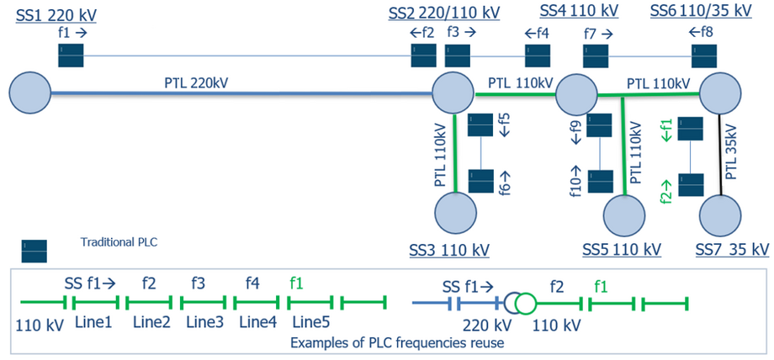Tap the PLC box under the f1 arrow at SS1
(x=71, y=56)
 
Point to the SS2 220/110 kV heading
(x=443, y=13)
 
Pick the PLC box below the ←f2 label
(x=422, y=56)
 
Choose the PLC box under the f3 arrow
(x=457, y=56)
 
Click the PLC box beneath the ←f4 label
(x=538, y=56)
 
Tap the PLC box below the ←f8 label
(x=704, y=56)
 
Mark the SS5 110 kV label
(x=621, y=250)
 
